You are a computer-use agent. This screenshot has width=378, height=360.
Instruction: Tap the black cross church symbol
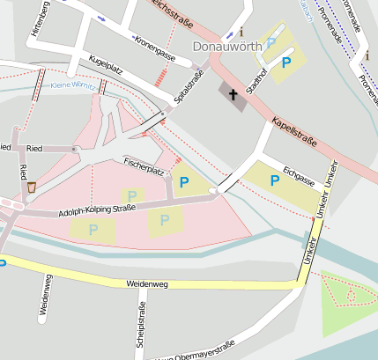[233, 94]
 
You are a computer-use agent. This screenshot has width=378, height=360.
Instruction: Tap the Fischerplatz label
[145, 166]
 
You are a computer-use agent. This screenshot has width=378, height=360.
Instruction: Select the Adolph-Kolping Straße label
[97, 209]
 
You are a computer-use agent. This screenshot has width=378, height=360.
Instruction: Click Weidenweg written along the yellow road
[147, 285]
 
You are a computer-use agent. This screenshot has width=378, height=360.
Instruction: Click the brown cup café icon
[32, 187]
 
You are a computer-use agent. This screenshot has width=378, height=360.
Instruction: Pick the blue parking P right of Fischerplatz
[183, 183]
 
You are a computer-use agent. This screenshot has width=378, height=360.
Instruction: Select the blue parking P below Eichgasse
[276, 180]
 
